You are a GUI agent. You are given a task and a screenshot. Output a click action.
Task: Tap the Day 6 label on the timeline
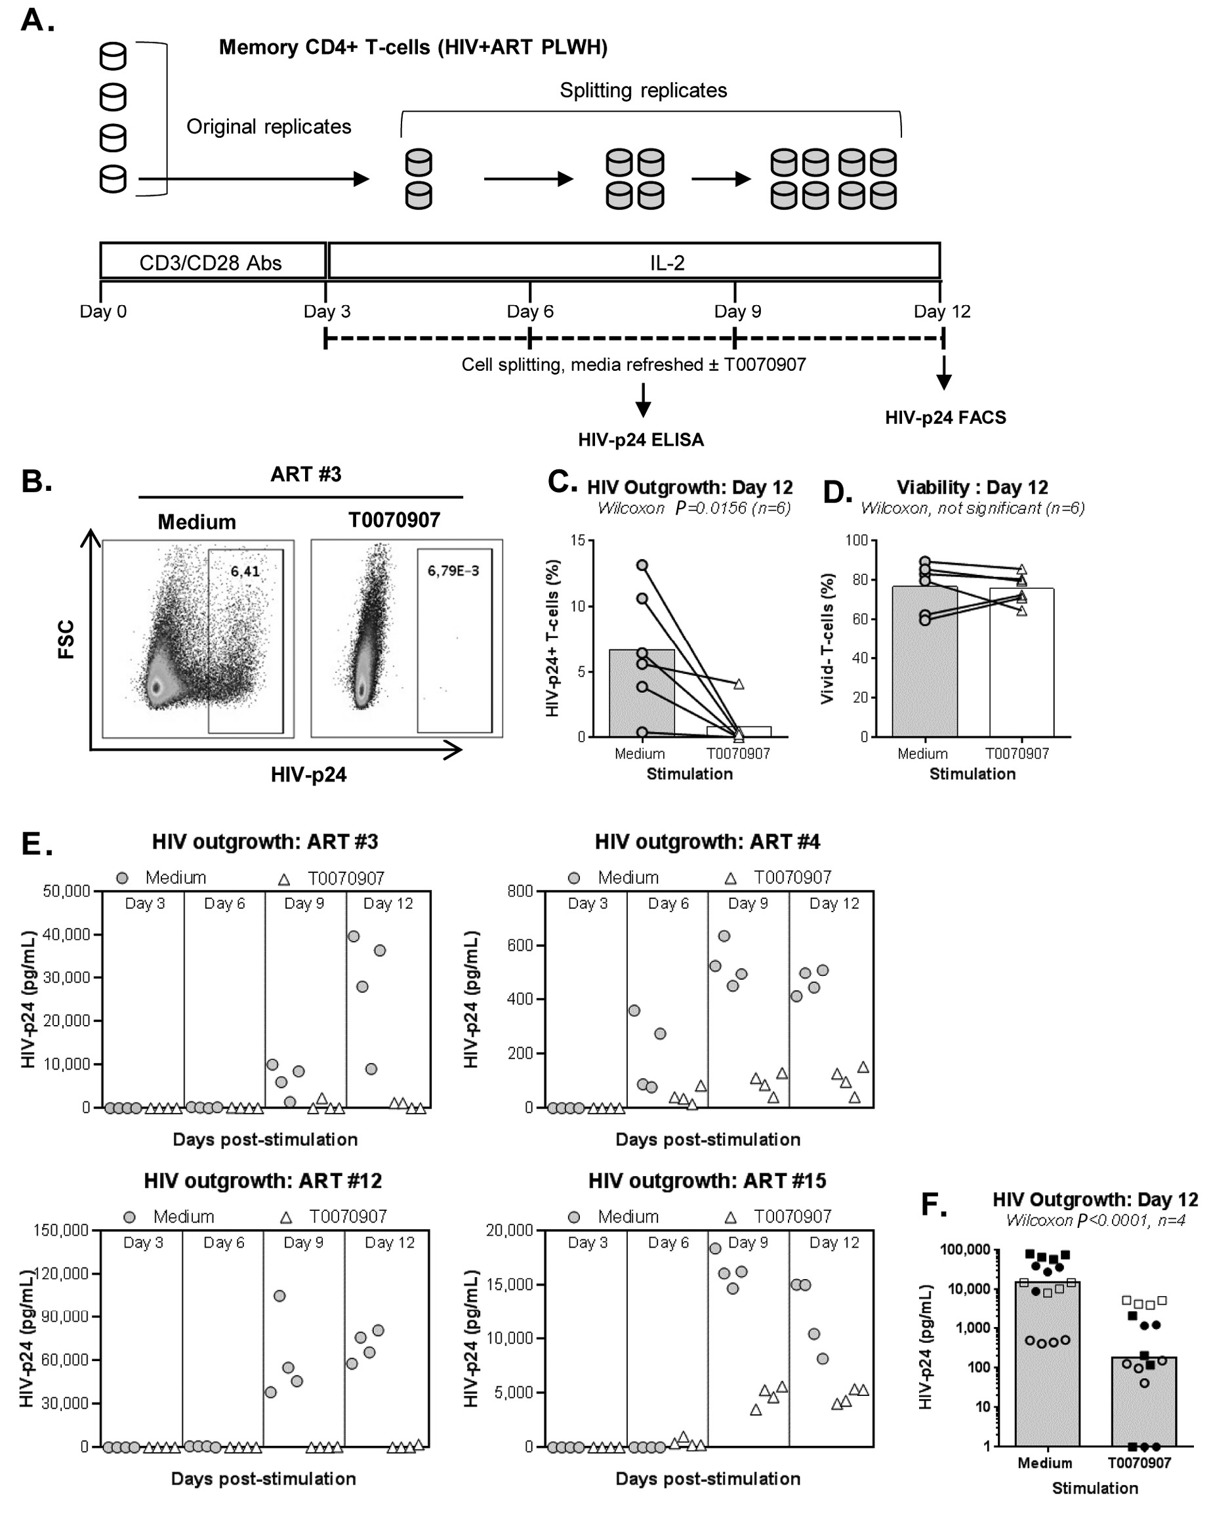pyautogui.click(x=530, y=311)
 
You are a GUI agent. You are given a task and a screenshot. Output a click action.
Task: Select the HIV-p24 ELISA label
pyautogui.click(x=640, y=440)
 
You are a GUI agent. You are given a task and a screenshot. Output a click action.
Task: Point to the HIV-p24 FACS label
pyautogui.click(x=945, y=417)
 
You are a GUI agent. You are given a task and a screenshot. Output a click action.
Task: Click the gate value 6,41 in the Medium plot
pyautogui.click(x=245, y=571)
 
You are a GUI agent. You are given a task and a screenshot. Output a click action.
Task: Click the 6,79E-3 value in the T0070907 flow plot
pyautogui.click(x=453, y=570)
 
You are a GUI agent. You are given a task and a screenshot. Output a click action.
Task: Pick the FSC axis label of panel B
pyautogui.click(x=66, y=639)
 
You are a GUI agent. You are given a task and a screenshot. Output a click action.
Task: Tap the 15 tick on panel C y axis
pyautogui.click(x=578, y=540)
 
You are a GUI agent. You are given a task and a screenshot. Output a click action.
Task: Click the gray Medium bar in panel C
pyautogui.click(x=641, y=696)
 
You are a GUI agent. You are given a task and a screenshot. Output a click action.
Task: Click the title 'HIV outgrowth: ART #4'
pyautogui.click(x=707, y=841)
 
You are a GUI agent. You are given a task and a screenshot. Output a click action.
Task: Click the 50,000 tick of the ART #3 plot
pyautogui.click(x=67, y=892)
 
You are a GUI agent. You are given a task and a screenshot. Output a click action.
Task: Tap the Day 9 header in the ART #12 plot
pyautogui.click(x=304, y=1242)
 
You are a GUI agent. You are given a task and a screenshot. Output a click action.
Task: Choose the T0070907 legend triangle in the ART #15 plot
pyautogui.click(x=731, y=1217)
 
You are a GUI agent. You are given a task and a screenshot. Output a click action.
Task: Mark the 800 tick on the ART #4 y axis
pyautogui.click(x=520, y=892)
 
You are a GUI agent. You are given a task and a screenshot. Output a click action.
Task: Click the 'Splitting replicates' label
pyautogui.click(x=643, y=90)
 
